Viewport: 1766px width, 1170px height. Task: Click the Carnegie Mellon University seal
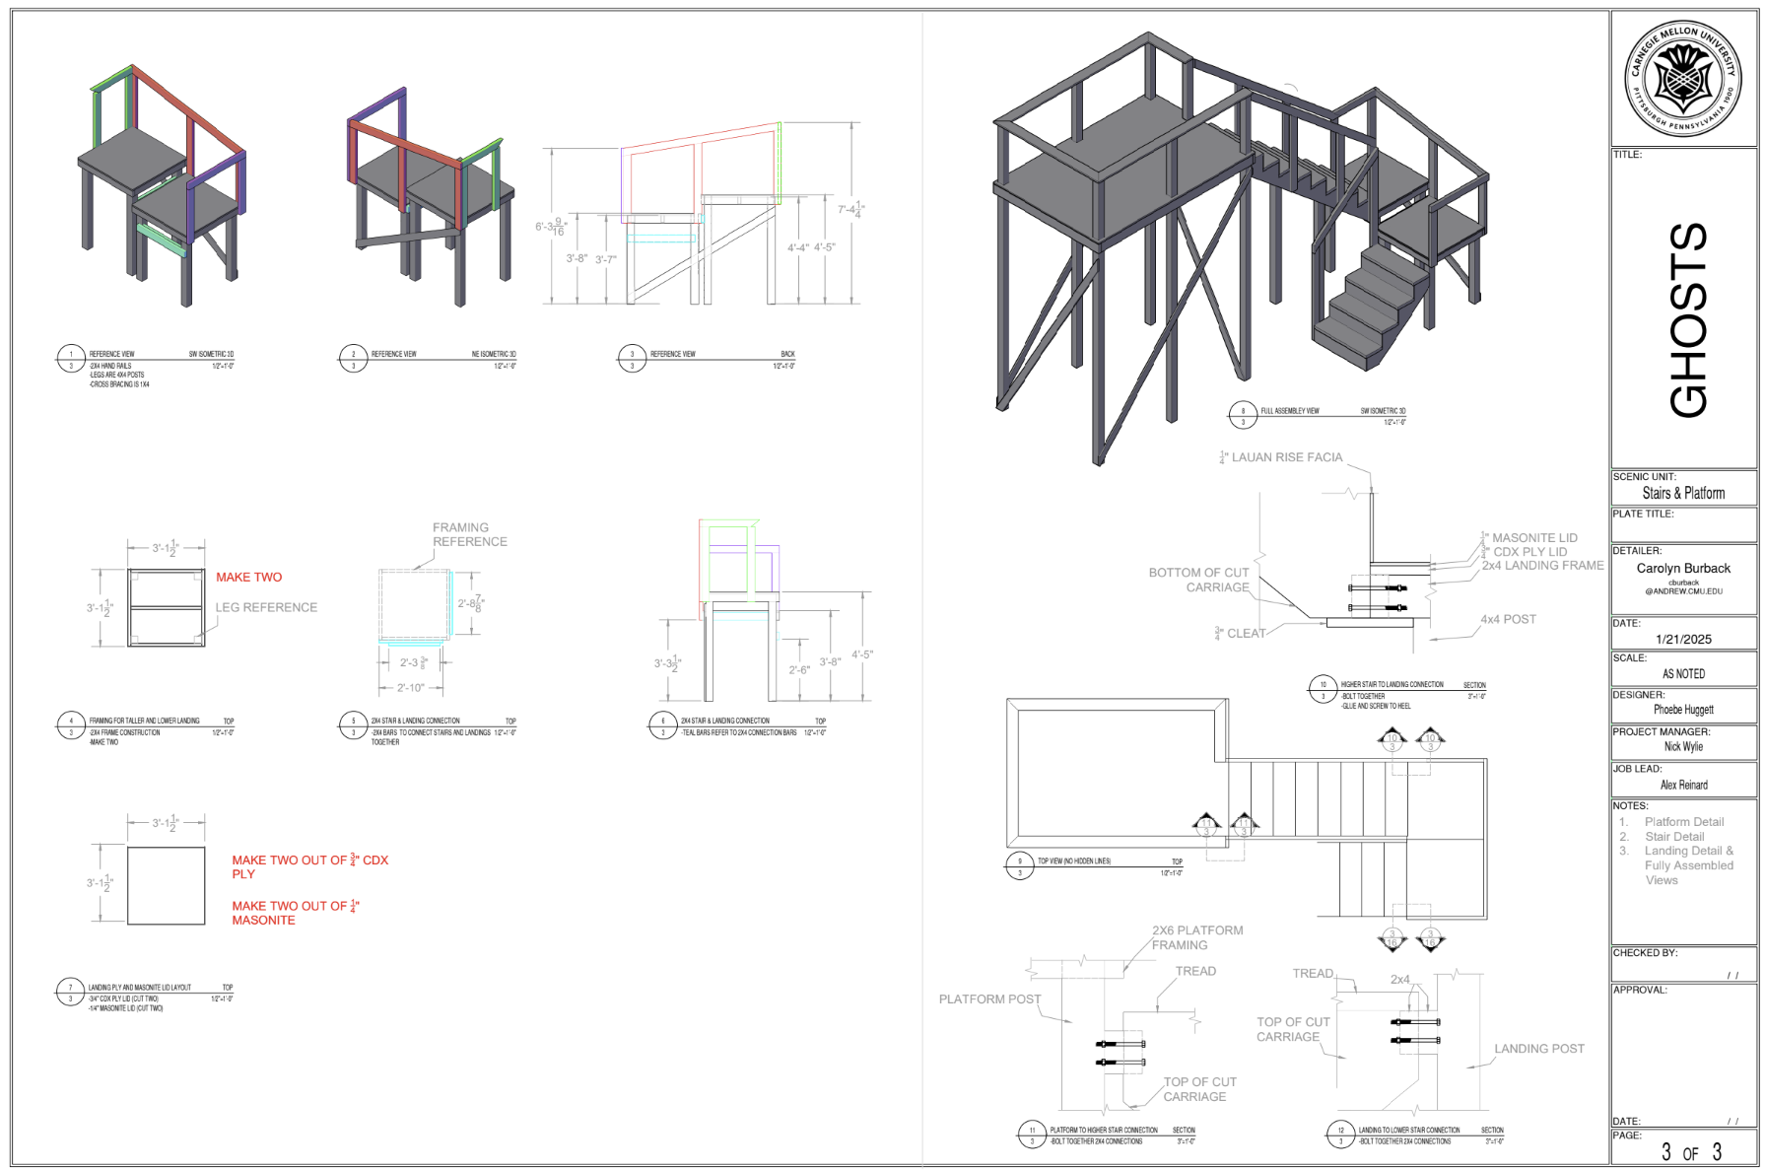pos(1682,79)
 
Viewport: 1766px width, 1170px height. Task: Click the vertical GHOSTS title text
pos(1688,319)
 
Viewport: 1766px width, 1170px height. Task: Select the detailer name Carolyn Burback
pos(1683,569)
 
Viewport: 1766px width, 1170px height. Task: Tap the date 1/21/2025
pos(1683,640)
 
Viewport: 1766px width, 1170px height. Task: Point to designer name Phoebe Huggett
pos(1683,710)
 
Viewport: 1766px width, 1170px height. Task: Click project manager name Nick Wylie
pos(1683,747)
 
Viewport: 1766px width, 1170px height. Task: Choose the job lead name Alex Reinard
pos(1683,786)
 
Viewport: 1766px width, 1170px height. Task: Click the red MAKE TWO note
pos(249,578)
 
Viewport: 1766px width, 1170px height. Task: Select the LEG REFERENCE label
pos(267,608)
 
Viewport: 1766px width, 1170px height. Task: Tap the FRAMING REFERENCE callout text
pos(469,535)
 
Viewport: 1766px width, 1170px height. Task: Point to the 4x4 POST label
pos(1508,620)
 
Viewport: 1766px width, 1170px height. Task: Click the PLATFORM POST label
pos(989,999)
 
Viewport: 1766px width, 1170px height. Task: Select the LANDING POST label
pos(1538,1049)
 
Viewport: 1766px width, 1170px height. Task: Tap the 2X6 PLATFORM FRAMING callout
pos(1196,937)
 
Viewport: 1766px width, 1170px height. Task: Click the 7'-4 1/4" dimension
pos(850,210)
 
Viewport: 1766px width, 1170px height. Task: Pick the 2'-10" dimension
pos(411,687)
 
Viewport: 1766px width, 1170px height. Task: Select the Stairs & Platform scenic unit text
pos(1683,494)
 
